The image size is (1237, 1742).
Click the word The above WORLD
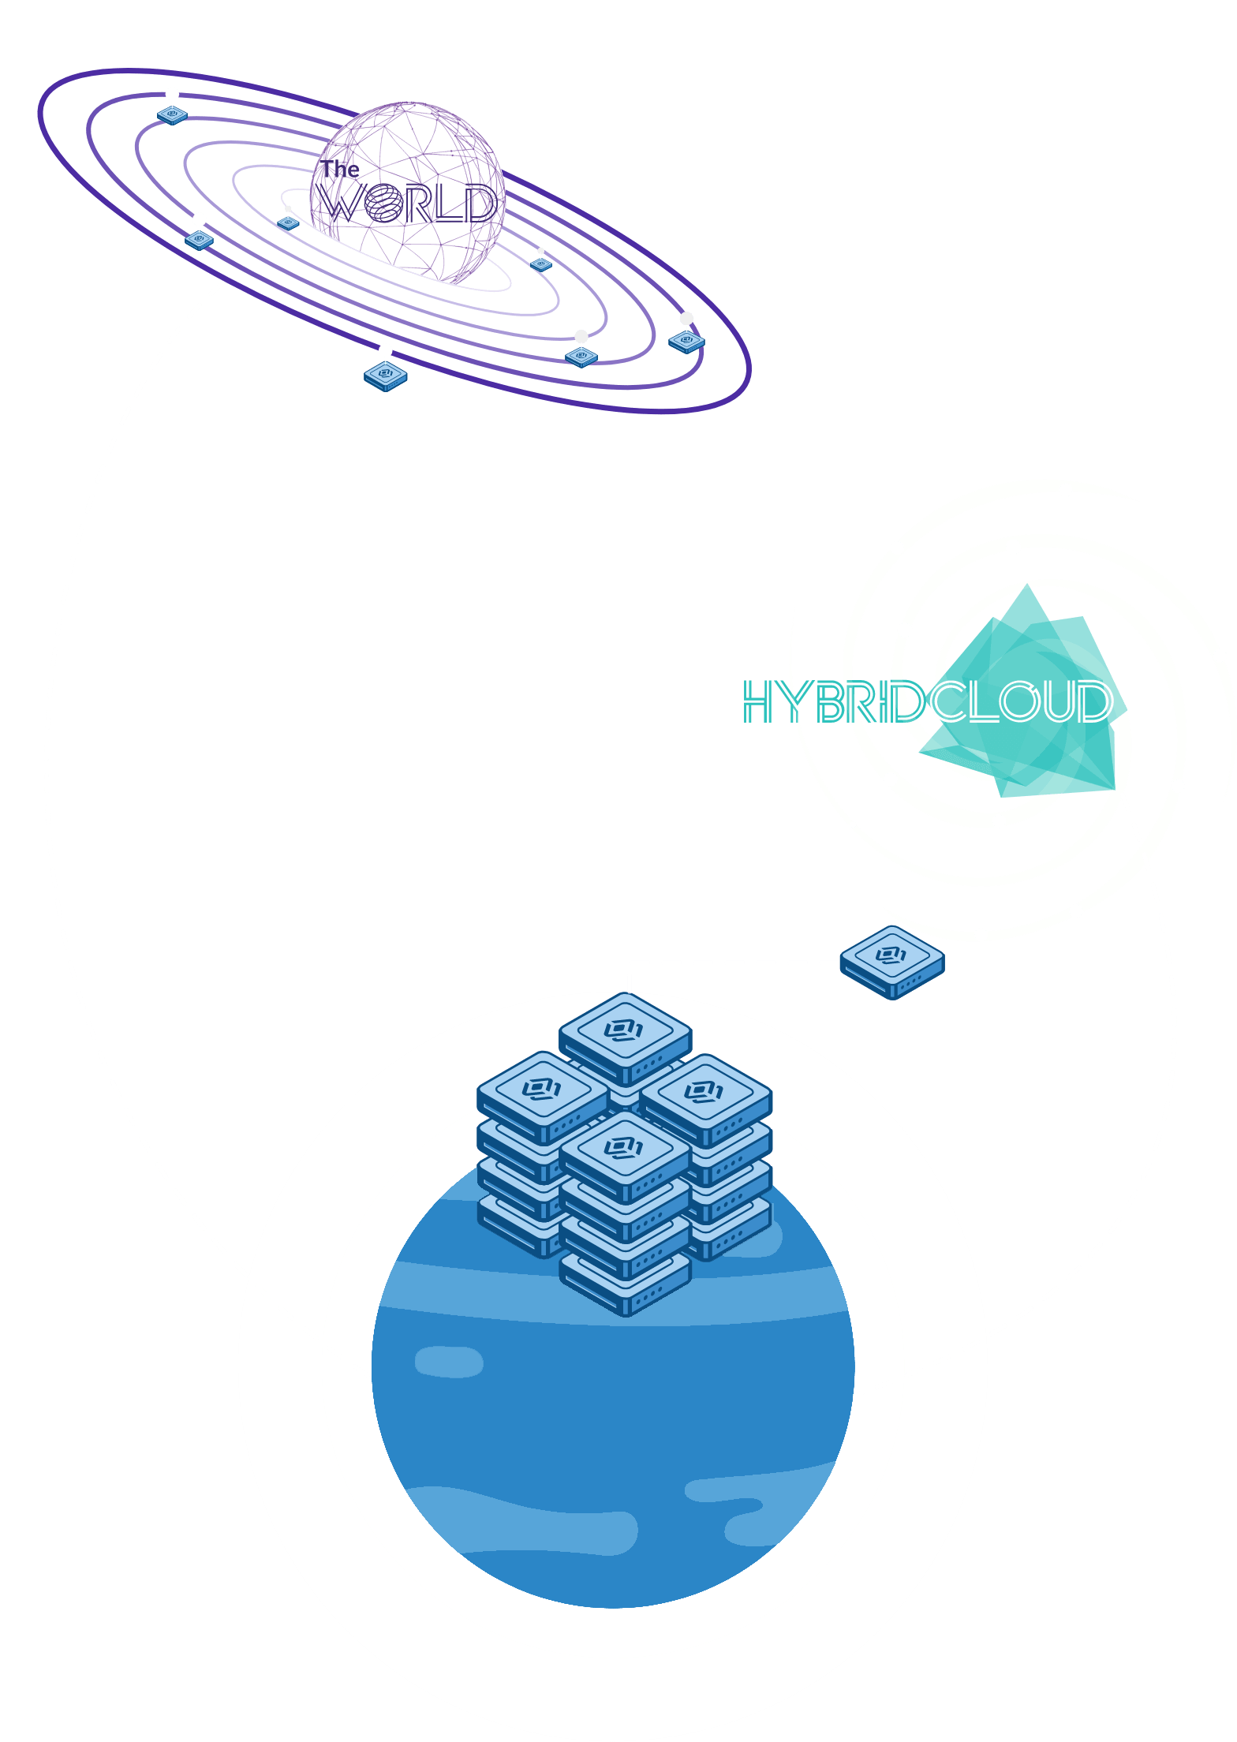(340, 169)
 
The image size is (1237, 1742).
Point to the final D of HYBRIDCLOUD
(1094, 701)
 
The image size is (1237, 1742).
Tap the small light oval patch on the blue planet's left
(449, 1361)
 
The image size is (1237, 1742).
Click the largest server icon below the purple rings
(386, 376)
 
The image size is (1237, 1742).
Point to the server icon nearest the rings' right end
(686, 341)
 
